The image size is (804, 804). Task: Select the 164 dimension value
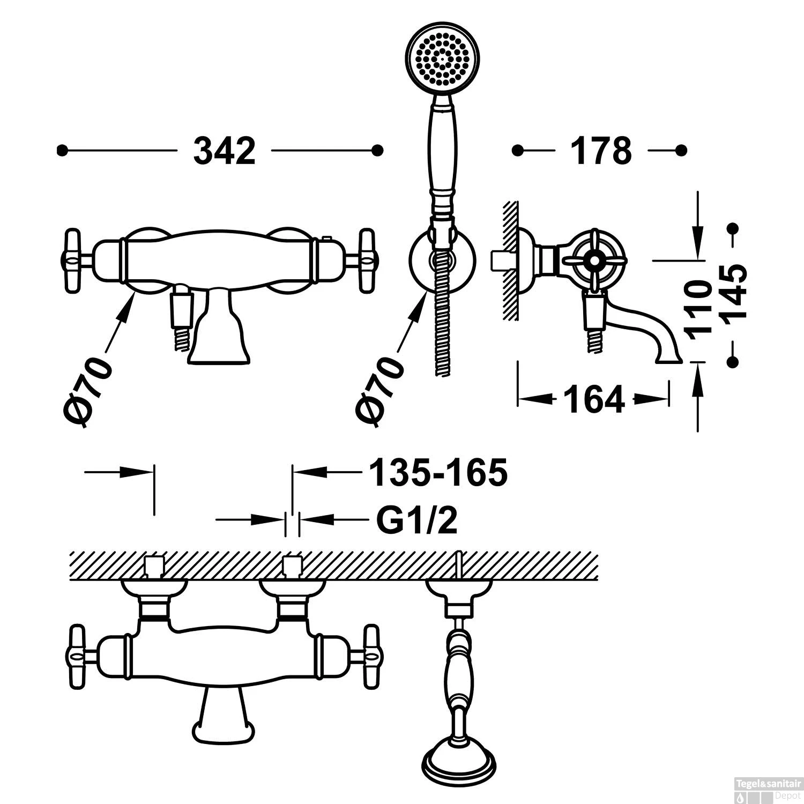tap(594, 399)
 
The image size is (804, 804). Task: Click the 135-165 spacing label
tap(438, 473)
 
